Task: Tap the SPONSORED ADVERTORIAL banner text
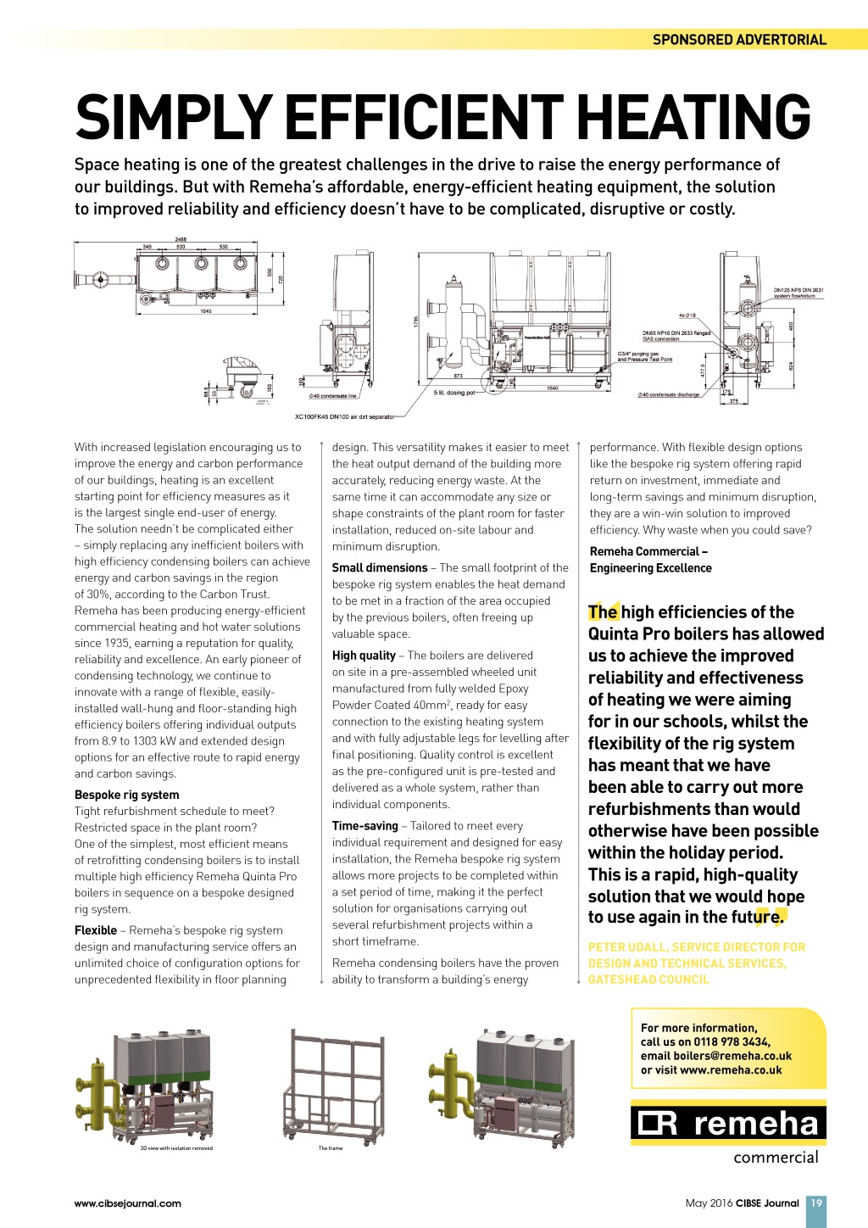pyautogui.click(x=739, y=39)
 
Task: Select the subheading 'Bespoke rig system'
pyautogui.click(x=127, y=795)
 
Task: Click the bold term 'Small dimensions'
pyautogui.click(x=380, y=567)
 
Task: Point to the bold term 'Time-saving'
pyautogui.click(x=364, y=825)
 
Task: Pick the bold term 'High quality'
pyautogui.click(x=364, y=655)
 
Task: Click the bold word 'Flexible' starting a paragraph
pyautogui.click(x=96, y=929)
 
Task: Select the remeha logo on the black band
pyautogui.click(x=728, y=1124)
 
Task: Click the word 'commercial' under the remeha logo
pyautogui.click(x=776, y=1158)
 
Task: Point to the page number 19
pyautogui.click(x=815, y=1203)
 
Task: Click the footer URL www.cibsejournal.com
pyautogui.click(x=128, y=1203)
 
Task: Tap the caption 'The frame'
pyautogui.click(x=331, y=1148)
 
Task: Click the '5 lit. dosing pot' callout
pyautogui.click(x=454, y=393)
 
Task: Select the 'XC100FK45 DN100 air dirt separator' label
pyautogui.click(x=344, y=416)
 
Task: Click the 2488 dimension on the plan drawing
pyautogui.click(x=181, y=239)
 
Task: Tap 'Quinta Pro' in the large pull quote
pyautogui.click(x=629, y=634)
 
